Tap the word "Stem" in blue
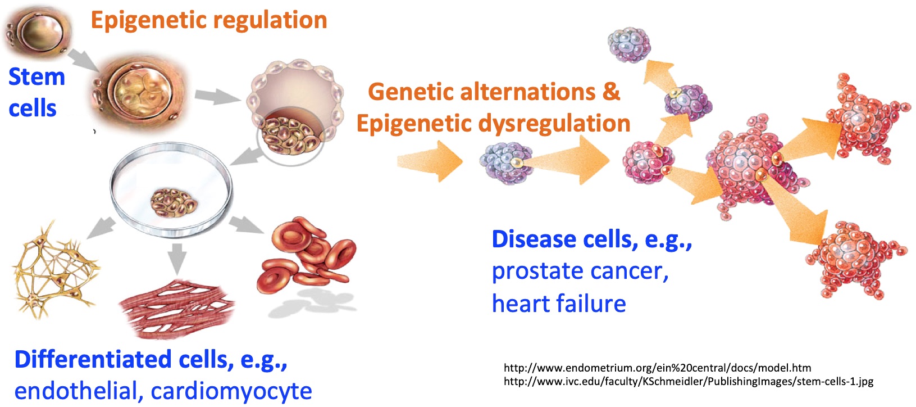37,76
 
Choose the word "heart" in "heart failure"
519,304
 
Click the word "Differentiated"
93,359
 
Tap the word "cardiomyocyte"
231,392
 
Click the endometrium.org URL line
657,368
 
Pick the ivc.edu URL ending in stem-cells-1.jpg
688,382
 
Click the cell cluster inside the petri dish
174,202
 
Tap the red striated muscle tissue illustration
176,308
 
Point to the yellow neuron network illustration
55,270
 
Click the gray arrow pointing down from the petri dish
177,259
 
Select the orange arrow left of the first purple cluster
430,161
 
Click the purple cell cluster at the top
629,44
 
